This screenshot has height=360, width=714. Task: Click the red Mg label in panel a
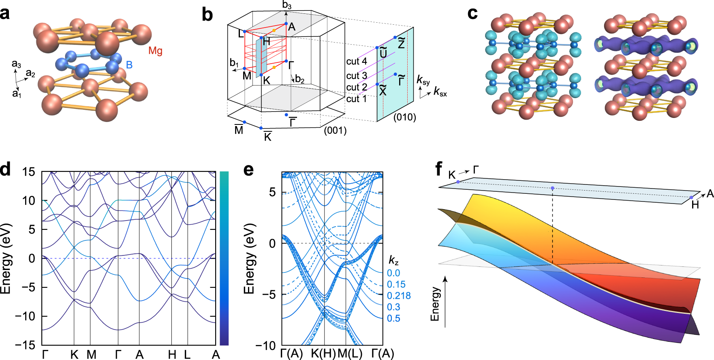[155, 51]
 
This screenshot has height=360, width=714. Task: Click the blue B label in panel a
[129, 65]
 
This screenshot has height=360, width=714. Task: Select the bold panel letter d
[6, 169]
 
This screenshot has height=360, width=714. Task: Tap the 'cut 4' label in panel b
[357, 61]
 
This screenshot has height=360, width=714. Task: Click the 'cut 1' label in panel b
[356, 99]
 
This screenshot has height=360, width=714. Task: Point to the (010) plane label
[404, 117]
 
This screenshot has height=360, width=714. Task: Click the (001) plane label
[335, 131]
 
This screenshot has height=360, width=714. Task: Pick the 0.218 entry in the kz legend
[399, 296]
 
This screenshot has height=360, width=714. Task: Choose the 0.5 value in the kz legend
[393, 319]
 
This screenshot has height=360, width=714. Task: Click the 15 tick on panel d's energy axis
[29, 172]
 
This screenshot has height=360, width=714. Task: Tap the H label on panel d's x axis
[172, 355]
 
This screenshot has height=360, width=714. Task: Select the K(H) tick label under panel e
[323, 354]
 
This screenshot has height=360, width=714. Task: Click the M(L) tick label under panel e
[350, 354]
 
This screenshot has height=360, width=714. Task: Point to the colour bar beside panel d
[224, 258]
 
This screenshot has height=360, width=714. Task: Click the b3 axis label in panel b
[287, 5]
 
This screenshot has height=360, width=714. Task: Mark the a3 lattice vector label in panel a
[16, 64]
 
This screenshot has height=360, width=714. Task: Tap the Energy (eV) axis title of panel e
[249, 259]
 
